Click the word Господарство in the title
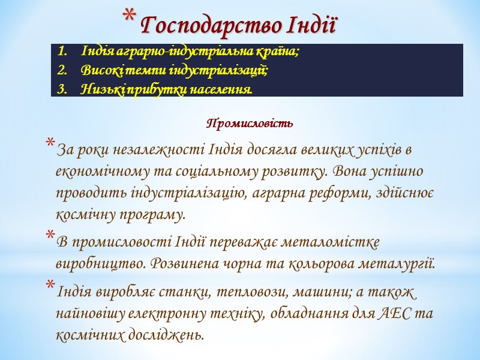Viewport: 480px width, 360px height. (212, 26)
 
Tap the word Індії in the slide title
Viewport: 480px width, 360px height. (313, 26)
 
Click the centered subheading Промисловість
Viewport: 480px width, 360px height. (250, 124)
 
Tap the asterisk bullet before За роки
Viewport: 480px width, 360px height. (49, 145)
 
